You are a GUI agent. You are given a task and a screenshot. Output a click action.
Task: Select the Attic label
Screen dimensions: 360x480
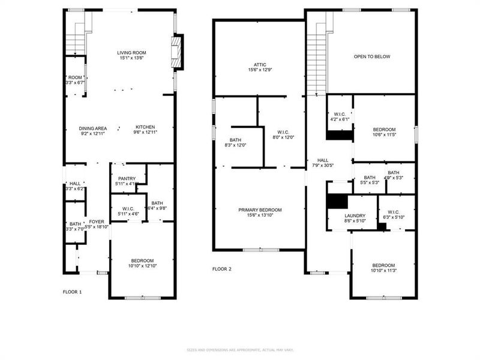click(x=260, y=67)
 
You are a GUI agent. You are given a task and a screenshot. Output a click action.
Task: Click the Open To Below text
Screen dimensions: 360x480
click(x=371, y=57)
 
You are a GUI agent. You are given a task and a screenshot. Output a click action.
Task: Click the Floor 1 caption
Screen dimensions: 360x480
click(x=73, y=292)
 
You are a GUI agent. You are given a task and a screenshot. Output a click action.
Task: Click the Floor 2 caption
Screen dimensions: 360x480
click(x=222, y=269)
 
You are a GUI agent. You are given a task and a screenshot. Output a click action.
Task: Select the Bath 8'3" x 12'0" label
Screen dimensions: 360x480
click(x=235, y=142)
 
